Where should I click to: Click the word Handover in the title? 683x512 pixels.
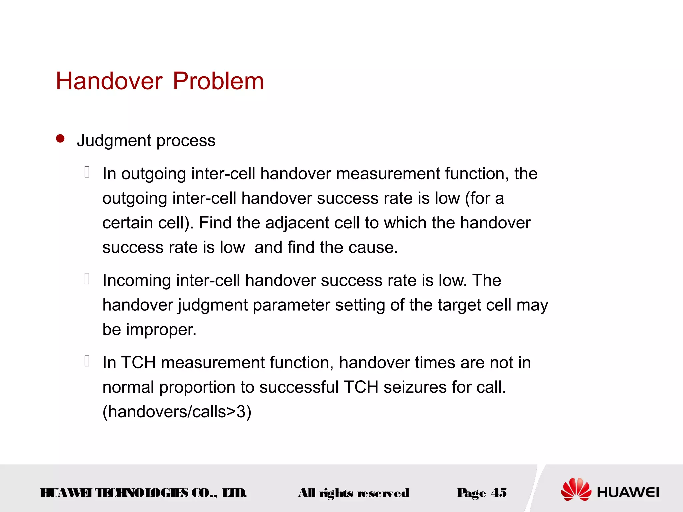point(109,81)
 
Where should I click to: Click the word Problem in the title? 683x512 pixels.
point(218,81)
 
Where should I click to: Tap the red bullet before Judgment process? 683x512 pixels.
point(60,139)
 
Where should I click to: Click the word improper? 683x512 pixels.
point(161,330)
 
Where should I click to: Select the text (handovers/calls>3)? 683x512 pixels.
point(177,412)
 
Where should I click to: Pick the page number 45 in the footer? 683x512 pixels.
point(499,493)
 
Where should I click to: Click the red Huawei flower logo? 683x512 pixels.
point(576,489)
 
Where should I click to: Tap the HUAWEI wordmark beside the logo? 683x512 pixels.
point(628,492)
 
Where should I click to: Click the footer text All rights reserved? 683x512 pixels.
point(354,493)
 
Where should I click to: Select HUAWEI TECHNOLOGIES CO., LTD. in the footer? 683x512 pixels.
point(143,493)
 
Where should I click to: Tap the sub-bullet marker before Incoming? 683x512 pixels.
point(87,279)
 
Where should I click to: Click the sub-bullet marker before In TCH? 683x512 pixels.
point(87,361)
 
